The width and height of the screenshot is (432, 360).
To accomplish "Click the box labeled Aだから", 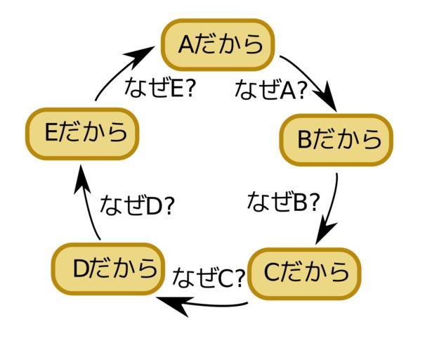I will coord(218,45).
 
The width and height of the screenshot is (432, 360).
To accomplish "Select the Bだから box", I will coord(336,139).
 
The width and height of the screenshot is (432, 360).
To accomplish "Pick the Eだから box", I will coord(83,133).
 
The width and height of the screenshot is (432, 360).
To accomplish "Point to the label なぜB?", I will coord(283,202).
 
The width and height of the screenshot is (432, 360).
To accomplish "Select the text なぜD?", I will coord(137,205).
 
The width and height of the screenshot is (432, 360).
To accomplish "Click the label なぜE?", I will coord(158,88).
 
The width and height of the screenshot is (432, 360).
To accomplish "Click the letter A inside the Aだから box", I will coord(186,45).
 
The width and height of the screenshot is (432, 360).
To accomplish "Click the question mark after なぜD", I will coord(169,206).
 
